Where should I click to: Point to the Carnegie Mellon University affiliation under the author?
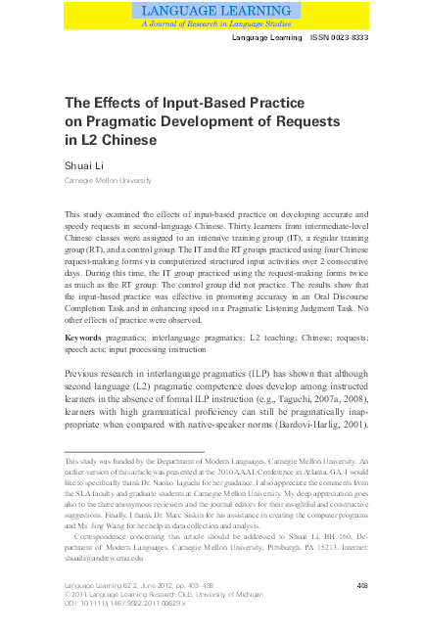108,182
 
